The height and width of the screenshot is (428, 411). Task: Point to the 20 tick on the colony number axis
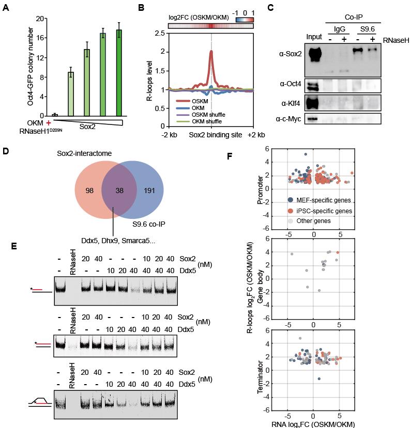coord(38,18)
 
